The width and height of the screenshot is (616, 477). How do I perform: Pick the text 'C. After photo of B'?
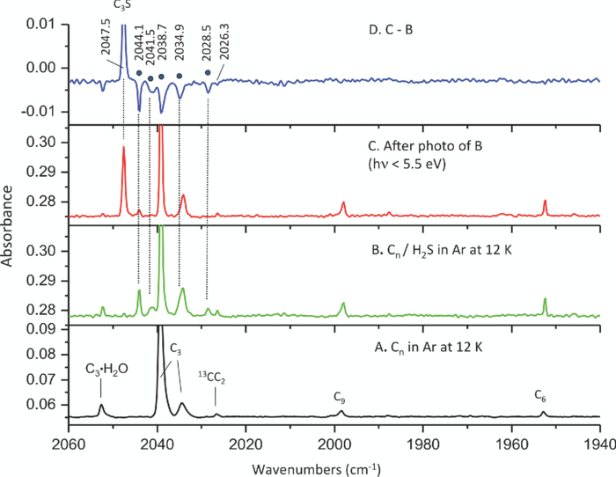coord(409,145)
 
